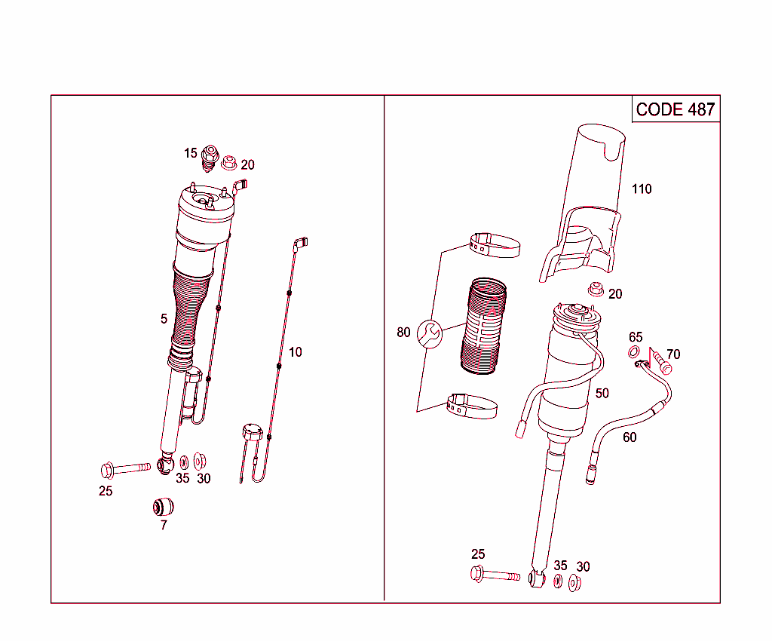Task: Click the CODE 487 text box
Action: pyautogui.click(x=675, y=109)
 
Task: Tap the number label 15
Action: pyautogui.click(x=191, y=153)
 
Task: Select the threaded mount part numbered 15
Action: pyautogui.click(x=211, y=158)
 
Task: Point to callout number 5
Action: pyautogui.click(x=164, y=319)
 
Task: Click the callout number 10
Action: pyautogui.click(x=295, y=352)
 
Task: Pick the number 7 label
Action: pyautogui.click(x=164, y=526)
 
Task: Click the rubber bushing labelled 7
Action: pyautogui.click(x=164, y=505)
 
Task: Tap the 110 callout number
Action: pyautogui.click(x=642, y=189)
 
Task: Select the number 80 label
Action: pyautogui.click(x=404, y=333)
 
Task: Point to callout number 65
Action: pyautogui.click(x=636, y=338)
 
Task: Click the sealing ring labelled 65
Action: pyautogui.click(x=634, y=353)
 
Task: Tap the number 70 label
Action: pyautogui.click(x=673, y=354)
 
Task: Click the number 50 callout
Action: pyautogui.click(x=602, y=394)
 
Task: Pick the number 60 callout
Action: pyautogui.click(x=630, y=437)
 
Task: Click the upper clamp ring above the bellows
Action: pyautogui.click(x=495, y=245)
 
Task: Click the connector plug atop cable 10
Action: pyautogui.click(x=302, y=243)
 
